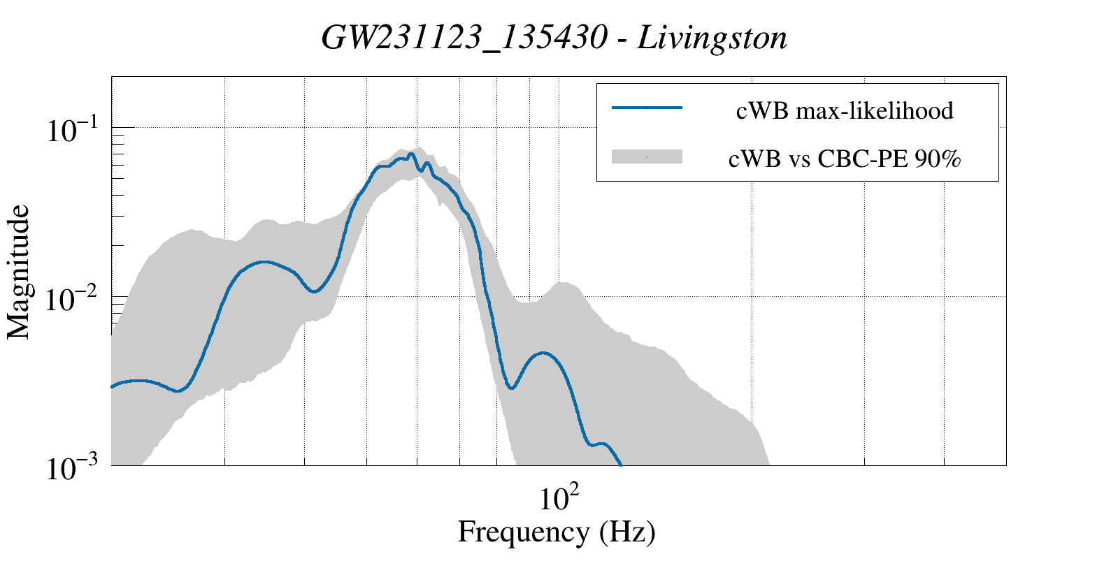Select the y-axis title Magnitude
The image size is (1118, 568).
coord(18,272)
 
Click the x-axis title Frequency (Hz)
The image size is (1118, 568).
coord(557,532)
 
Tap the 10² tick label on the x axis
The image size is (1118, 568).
coord(559,497)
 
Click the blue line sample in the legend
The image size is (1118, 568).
coord(647,108)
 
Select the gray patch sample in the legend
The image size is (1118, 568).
coord(647,156)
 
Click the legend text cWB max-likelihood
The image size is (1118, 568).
coord(845,110)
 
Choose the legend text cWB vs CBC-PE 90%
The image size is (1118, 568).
coord(845,159)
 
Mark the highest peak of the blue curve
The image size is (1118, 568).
coord(410,154)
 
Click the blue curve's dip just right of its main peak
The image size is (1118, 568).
coord(421,171)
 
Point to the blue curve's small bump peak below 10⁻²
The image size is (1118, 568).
coord(543,353)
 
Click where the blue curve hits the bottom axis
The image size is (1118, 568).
coord(621,465)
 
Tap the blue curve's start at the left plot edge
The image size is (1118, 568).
coord(111,386)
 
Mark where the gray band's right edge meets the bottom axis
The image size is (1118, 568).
coord(769,465)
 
